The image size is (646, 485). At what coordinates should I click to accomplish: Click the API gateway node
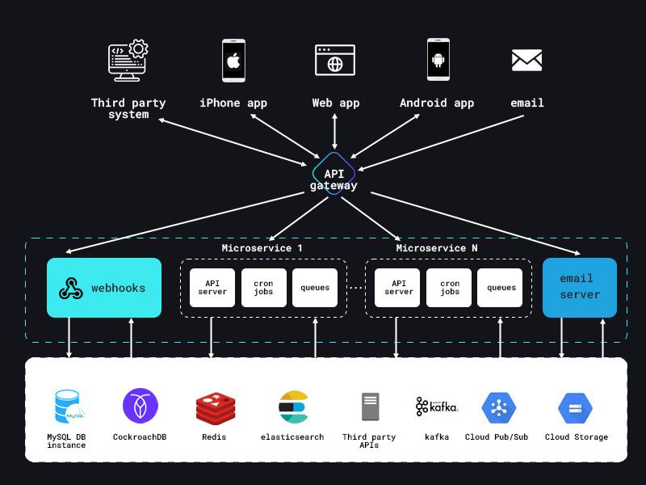tap(333, 174)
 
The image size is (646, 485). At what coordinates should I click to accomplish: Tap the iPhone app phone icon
tap(233, 61)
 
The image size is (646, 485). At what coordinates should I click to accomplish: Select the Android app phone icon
tap(438, 60)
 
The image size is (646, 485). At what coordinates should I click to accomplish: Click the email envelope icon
tap(526, 60)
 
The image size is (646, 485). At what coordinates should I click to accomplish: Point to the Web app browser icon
tap(335, 61)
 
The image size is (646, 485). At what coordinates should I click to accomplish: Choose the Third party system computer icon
tap(128, 61)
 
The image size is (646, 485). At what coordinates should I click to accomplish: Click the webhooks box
tap(104, 288)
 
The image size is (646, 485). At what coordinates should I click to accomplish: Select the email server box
tap(580, 288)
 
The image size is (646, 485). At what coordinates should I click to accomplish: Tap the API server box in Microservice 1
tap(212, 288)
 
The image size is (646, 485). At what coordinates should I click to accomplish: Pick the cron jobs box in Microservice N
tap(450, 288)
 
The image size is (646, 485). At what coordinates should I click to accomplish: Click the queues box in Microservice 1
tap(315, 288)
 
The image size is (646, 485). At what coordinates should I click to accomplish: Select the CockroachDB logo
tap(140, 406)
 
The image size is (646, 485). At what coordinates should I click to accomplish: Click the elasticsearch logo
tap(293, 407)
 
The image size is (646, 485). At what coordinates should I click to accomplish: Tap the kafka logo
tap(437, 406)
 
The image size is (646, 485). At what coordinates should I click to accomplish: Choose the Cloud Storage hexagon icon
tap(576, 407)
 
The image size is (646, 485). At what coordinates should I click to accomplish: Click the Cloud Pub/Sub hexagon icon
tap(498, 407)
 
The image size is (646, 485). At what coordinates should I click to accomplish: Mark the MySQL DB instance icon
tap(68, 407)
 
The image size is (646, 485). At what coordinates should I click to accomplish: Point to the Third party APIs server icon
tap(370, 407)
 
